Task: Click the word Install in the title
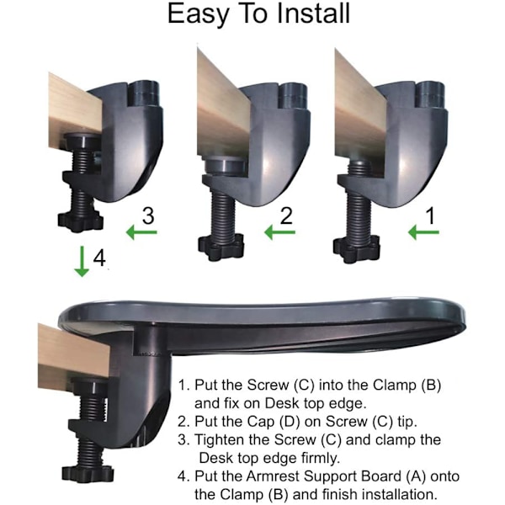(313, 13)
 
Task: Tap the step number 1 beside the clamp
(430, 215)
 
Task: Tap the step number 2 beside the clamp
(286, 215)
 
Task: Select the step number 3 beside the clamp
(148, 215)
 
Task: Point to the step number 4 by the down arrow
(99, 258)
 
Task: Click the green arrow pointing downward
(82, 261)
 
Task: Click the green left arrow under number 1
(423, 232)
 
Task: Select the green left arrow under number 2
(279, 232)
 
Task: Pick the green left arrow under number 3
(141, 232)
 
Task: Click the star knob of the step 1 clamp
(356, 250)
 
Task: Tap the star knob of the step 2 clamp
(221, 247)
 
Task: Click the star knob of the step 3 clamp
(81, 221)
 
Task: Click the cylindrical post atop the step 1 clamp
(430, 94)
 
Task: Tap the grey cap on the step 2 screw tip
(225, 165)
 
